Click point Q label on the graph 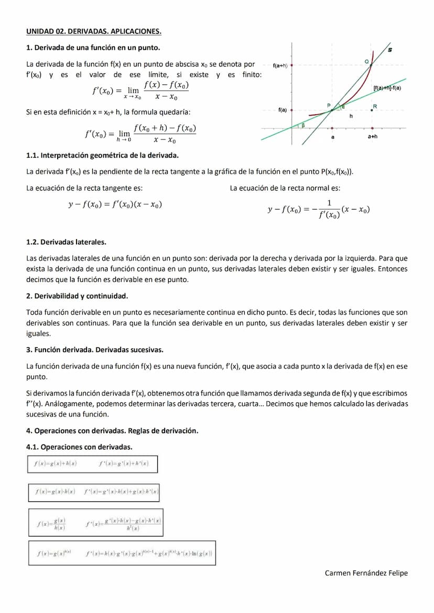[x=367, y=62]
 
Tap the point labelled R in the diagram [x=375, y=106]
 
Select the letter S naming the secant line [x=389, y=49]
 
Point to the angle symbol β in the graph [x=302, y=125]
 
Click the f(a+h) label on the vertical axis [x=281, y=65]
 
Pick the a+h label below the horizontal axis [x=372, y=136]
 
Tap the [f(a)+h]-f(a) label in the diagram [x=387, y=87]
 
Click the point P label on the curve [x=329, y=105]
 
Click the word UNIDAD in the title [x=39, y=31]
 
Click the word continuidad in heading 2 [x=107, y=296]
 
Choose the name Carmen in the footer [x=339, y=573]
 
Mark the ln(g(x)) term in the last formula [x=202, y=553]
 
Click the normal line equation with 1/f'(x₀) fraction [x=318, y=210]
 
